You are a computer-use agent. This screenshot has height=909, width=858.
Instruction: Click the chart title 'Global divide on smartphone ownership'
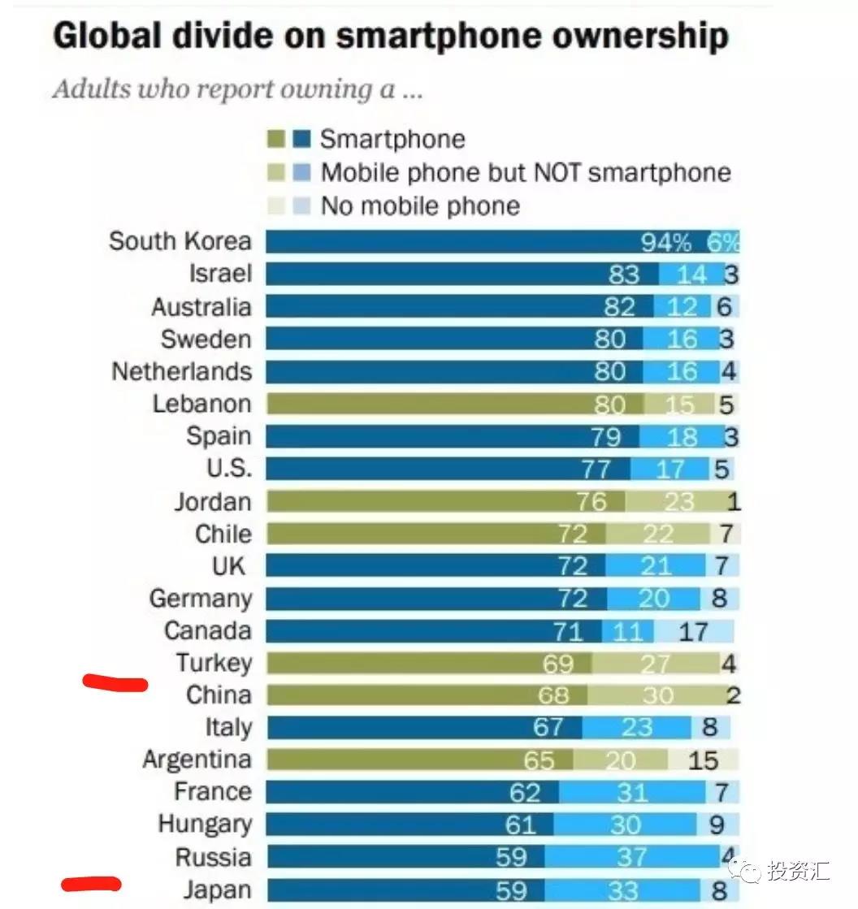pos(390,37)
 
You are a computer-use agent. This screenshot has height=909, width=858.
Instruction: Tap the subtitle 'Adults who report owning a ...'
pos(237,89)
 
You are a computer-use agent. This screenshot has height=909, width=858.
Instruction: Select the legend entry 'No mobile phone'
pos(419,206)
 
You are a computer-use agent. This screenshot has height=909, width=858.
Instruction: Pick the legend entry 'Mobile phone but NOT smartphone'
pos(525,172)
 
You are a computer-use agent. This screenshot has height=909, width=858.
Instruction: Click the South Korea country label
pos(180,241)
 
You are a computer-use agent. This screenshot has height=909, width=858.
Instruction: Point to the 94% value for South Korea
pos(665,242)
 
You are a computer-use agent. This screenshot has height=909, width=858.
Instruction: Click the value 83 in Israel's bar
pos(624,275)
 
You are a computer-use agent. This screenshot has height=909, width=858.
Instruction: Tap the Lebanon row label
pos(201,404)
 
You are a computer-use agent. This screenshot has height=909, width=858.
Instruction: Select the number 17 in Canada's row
pos(692,631)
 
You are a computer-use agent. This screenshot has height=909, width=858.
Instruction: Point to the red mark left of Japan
pos(91,883)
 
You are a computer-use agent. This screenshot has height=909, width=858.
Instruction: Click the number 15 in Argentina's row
pos(703,760)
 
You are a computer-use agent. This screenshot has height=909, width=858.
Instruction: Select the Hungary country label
pos(205,825)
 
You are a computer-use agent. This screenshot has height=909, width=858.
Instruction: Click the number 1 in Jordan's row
pos(734,502)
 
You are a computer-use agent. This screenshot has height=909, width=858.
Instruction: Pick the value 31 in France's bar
pos(631,792)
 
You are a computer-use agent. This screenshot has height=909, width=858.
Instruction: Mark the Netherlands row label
pos(181,371)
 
